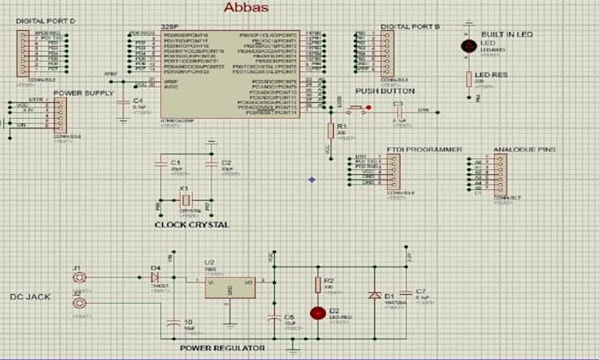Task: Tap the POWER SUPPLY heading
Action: tap(83, 92)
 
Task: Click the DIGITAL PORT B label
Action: tap(410, 27)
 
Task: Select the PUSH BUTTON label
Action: tap(385, 92)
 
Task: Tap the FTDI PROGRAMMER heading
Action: tap(425, 151)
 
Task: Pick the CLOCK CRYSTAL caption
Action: tap(191, 225)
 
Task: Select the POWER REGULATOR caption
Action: tap(222, 349)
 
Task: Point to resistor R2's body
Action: tap(318, 284)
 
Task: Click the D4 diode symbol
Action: tap(156, 276)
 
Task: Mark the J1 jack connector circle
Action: tap(79, 277)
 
